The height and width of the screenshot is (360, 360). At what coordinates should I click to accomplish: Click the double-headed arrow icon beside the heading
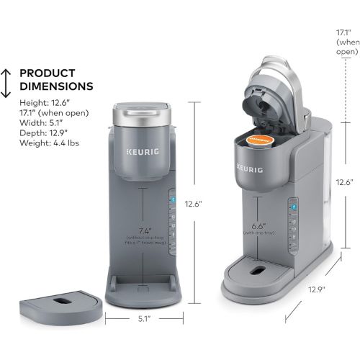pos(6,83)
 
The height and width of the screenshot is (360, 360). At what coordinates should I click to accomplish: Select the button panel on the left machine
pos(172,220)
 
